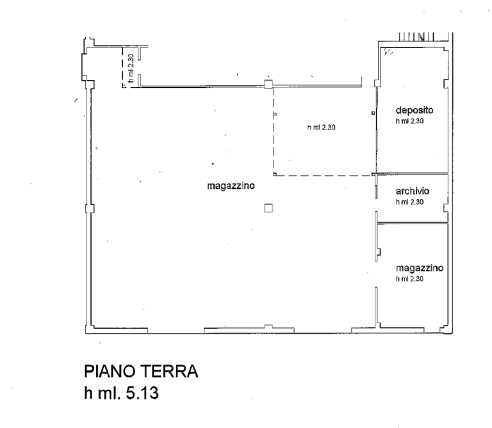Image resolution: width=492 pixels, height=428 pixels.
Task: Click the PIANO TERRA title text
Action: [x=141, y=371]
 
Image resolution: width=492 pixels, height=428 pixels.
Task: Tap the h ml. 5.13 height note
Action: [x=121, y=393]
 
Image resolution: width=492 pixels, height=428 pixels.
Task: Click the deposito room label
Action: [x=414, y=110]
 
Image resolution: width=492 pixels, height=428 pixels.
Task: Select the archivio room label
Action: [x=413, y=191]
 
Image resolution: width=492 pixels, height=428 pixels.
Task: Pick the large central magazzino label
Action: [x=231, y=186]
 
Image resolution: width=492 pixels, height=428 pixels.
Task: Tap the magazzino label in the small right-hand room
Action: [x=420, y=268]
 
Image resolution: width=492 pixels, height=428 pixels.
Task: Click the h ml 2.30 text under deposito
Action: [x=409, y=121]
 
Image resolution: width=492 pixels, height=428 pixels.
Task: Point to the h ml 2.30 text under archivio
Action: [x=409, y=202]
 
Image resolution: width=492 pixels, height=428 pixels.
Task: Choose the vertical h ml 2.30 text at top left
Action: [x=131, y=68]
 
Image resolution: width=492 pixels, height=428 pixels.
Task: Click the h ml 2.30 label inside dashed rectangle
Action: [x=322, y=128]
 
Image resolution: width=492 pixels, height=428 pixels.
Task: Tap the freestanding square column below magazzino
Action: [x=268, y=208]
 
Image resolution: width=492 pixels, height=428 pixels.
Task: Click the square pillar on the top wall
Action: [x=268, y=84]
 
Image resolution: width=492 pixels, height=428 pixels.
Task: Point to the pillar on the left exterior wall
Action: [x=90, y=208]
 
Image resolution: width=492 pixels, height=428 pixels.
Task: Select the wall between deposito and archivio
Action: [x=413, y=173]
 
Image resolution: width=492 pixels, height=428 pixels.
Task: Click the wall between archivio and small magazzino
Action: [x=413, y=223]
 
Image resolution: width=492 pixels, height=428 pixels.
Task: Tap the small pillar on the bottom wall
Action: [x=268, y=327]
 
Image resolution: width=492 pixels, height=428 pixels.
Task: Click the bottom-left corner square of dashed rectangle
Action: [x=275, y=174]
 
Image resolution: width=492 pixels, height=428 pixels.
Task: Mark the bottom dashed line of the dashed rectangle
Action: [x=324, y=176]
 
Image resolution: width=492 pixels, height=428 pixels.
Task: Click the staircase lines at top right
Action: [x=416, y=37]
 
